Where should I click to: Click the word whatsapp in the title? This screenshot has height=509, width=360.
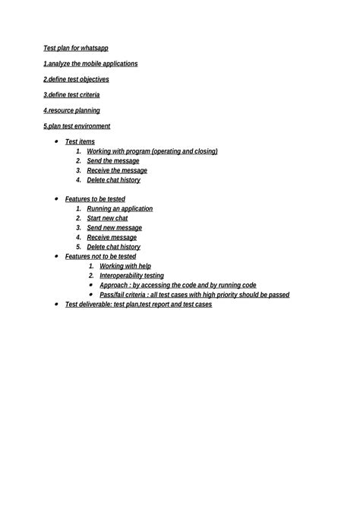(x=95, y=48)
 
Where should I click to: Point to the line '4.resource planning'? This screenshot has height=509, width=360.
(x=71, y=110)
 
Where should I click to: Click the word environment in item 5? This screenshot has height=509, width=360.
(x=91, y=126)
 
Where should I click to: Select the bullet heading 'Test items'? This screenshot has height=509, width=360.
(x=80, y=142)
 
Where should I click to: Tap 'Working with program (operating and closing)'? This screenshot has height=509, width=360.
(x=152, y=151)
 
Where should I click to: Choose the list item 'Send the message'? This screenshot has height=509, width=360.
(x=113, y=161)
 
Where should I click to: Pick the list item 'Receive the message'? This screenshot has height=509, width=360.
(x=117, y=170)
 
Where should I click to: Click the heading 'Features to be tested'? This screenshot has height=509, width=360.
(x=95, y=199)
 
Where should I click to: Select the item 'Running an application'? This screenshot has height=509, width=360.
(x=119, y=208)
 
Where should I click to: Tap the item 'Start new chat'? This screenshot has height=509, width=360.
(x=107, y=218)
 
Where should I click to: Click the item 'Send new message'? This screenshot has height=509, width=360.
(x=114, y=228)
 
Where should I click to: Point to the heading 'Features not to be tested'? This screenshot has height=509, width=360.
(x=100, y=257)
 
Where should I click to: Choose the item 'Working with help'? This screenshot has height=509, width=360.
(x=125, y=266)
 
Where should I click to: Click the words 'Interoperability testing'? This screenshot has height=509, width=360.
(x=131, y=276)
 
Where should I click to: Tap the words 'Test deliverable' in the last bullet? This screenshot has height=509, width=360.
(x=87, y=305)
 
